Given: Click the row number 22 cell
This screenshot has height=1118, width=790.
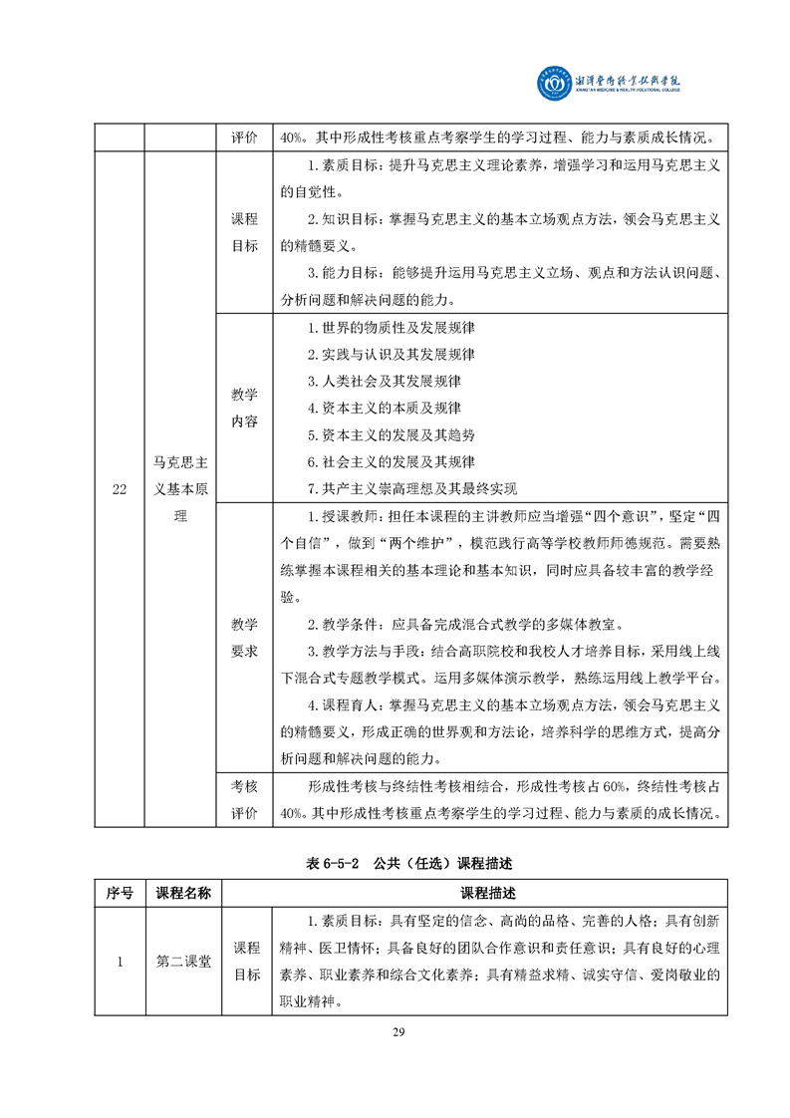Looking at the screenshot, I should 120,488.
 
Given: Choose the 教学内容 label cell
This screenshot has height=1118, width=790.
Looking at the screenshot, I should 244,408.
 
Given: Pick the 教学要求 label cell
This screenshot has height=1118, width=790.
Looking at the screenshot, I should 244,637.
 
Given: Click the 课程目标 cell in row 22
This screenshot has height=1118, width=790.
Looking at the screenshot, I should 244,232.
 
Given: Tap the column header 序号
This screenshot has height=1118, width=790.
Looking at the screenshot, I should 120,893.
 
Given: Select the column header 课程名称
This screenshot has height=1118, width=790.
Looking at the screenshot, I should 183,893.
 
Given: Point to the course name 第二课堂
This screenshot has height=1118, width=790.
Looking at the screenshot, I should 183,962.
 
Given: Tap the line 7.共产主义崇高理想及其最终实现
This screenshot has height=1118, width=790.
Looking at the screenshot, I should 412,488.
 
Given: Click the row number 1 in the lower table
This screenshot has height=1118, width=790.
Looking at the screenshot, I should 120,962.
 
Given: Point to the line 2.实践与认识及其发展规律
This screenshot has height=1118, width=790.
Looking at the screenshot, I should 391,355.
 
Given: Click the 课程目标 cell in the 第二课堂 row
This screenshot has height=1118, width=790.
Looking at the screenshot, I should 246,962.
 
